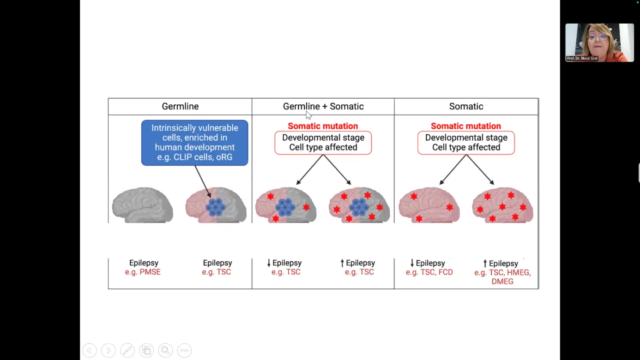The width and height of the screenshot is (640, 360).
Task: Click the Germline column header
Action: click(x=180, y=107)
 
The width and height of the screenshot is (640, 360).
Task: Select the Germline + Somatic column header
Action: click(x=323, y=107)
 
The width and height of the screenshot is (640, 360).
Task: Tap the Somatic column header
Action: click(x=466, y=107)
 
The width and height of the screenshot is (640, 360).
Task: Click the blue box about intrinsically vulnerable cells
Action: click(x=194, y=143)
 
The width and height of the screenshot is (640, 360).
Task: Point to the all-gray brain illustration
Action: click(x=142, y=205)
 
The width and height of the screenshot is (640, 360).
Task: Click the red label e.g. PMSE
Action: click(x=143, y=272)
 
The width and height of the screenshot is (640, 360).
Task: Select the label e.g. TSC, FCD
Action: click(x=429, y=272)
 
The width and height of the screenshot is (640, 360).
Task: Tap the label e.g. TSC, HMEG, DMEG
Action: click(x=502, y=277)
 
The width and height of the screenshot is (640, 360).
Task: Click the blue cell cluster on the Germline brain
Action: click(x=215, y=207)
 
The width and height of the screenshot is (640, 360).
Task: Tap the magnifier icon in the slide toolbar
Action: click(x=165, y=350)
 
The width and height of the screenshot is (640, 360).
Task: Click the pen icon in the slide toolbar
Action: click(x=127, y=350)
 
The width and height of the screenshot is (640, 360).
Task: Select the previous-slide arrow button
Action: click(x=90, y=350)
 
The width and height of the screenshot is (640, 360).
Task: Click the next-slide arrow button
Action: click(x=109, y=350)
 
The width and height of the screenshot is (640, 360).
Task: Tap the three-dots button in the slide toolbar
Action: click(x=184, y=350)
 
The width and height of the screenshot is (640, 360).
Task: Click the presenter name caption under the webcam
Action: click(x=582, y=59)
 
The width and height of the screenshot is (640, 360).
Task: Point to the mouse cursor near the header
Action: click(x=308, y=115)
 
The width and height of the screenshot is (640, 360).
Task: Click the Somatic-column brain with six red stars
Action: click(x=502, y=205)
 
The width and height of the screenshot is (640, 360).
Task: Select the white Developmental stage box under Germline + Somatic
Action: click(x=323, y=143)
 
